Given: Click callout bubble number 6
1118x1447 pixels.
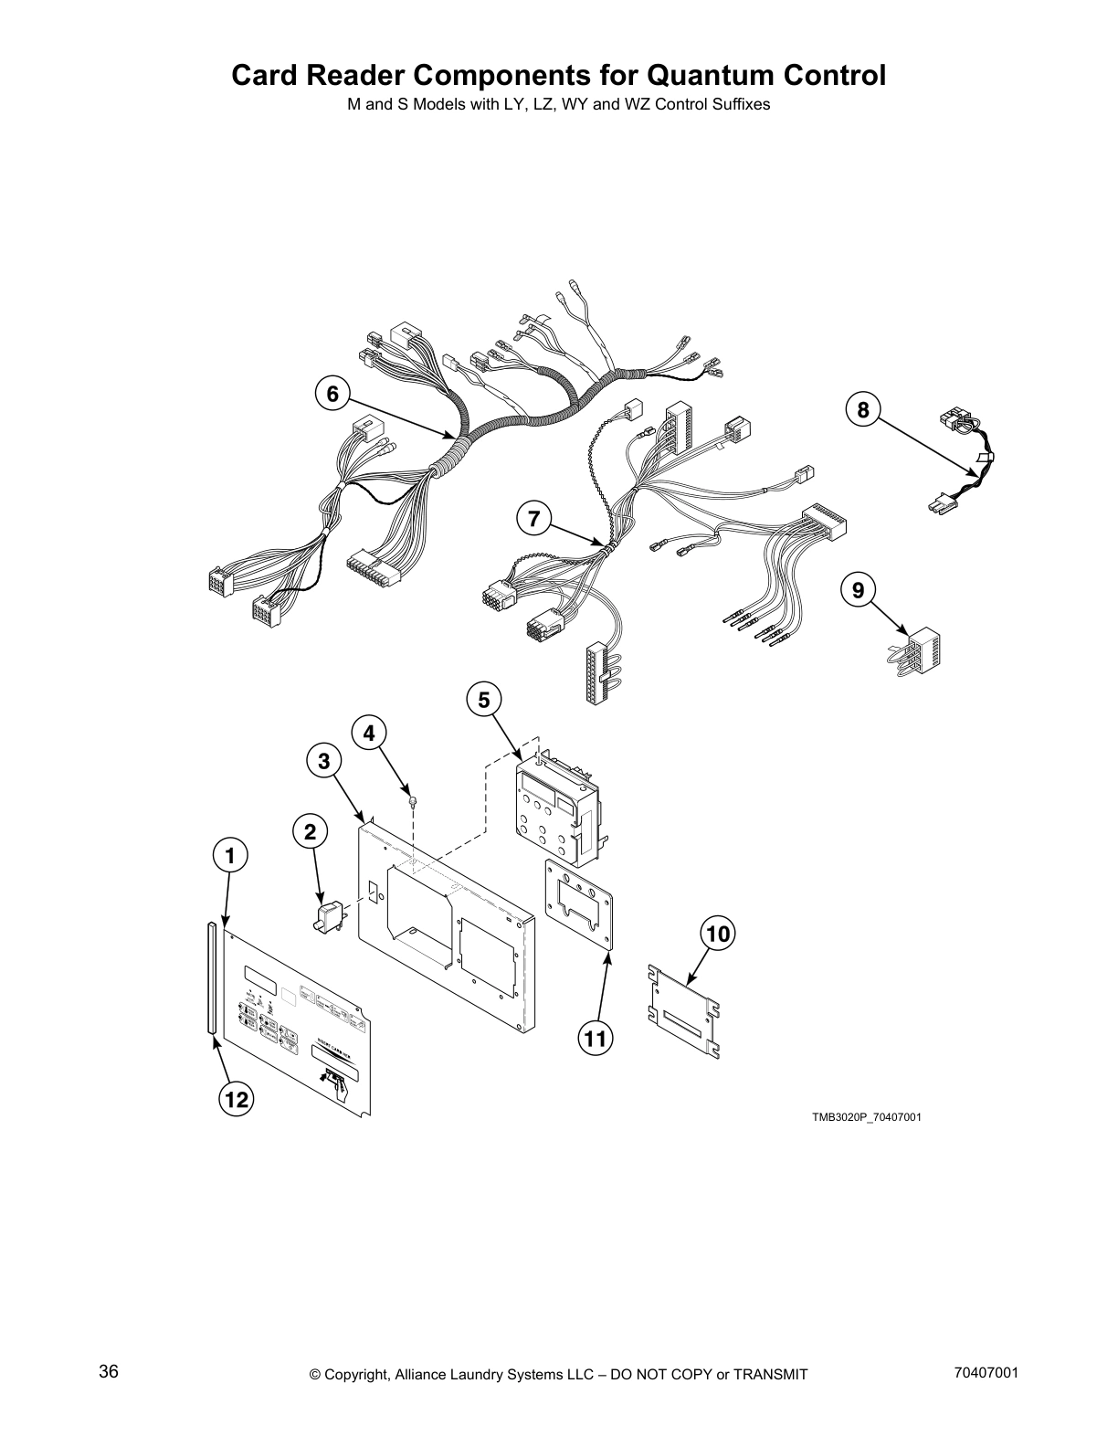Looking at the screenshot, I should pos(332,394).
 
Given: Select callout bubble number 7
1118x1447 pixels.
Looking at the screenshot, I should pos(533,519).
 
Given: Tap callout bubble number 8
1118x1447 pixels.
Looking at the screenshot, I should pos(863,409).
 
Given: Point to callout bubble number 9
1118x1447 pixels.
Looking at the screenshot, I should pos(858,590).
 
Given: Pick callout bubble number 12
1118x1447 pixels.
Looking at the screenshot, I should pos(237,1101).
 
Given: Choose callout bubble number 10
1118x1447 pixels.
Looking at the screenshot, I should pos(718,934).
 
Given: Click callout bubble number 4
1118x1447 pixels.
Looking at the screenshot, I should pos(369,733).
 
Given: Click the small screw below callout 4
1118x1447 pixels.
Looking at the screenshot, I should pos(414,801).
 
